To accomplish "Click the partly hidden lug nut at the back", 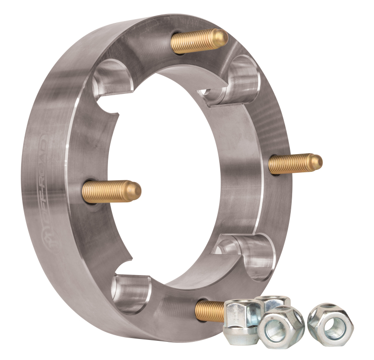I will [x=273, y=302].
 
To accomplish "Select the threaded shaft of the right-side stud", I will [x=290, y=163].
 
